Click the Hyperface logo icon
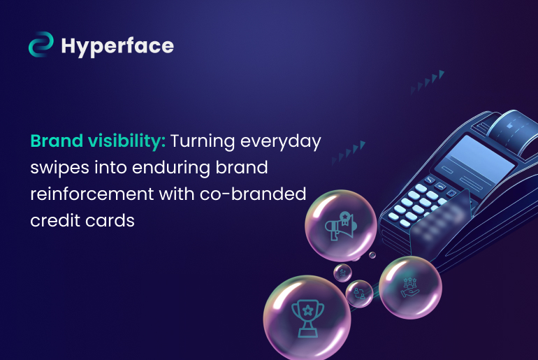pos(41,45)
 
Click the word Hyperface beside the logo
pos(117,46)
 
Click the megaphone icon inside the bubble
pos(341,226)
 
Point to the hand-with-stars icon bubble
pos(410,287)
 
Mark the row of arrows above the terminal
pos(428,80)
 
